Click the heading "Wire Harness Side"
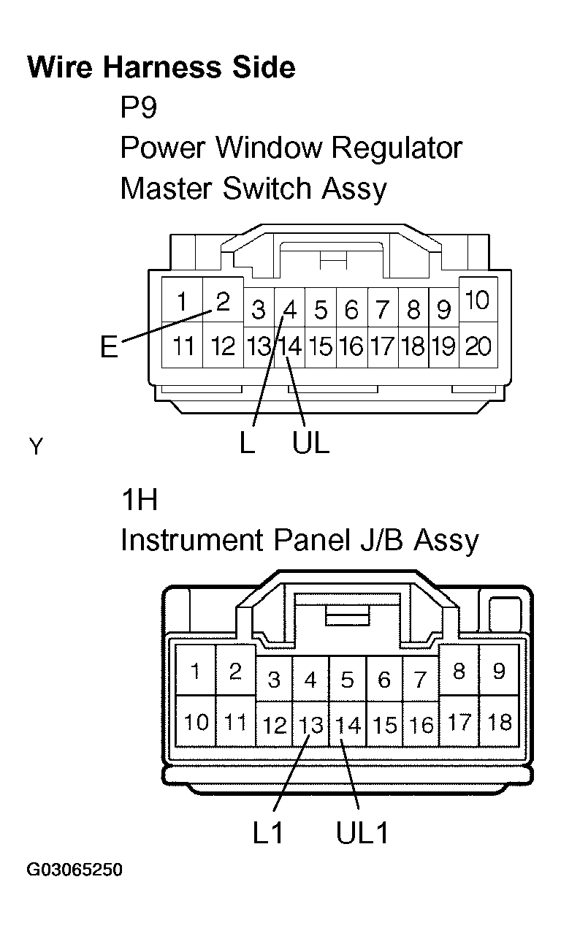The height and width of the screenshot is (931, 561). [x=161, y=67]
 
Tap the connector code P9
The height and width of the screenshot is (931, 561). [x=139, y=107]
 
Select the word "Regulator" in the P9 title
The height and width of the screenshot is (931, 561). [x=397, y=148]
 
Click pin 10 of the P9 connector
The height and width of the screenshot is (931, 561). [x=477, y=300]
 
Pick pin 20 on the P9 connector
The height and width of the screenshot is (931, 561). [x=478, y=346]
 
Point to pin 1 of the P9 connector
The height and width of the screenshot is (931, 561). [x=181, y=301]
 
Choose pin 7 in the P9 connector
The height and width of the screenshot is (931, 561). [x=382, y=310]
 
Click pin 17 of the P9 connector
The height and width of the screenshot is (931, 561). [x=382, y=346]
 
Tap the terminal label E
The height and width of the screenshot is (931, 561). [x=109, y=346]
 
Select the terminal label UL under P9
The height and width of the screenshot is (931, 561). [x=310, y=442]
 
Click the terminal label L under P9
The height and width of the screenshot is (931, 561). [x=247, y=442]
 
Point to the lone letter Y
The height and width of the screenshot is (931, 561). [x=36, y=446]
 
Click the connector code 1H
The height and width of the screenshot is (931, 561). [x=140, y=500]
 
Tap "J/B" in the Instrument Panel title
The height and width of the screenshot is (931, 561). [x=382, y=540]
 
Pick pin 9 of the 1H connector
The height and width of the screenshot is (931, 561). [x=499, y=671]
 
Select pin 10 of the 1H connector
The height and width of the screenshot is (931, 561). [x=196, y=722]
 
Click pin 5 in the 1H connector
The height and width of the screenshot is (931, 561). [x=348, y=680]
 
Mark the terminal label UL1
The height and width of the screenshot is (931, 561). [x=362, y=833]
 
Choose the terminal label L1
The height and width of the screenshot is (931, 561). [x=267, y=833]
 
